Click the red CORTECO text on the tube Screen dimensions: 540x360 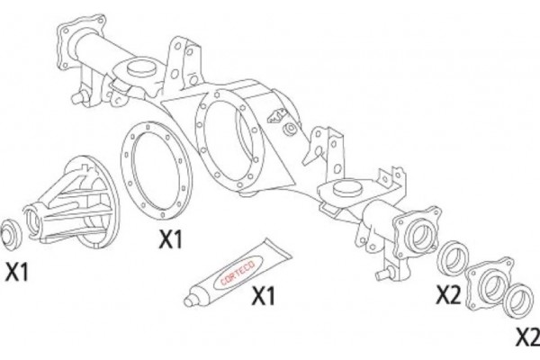coord(238,273)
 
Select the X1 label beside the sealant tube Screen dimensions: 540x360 coord(264,295)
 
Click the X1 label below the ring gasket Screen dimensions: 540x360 coord(170,238)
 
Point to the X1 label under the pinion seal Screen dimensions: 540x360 coord(16,272)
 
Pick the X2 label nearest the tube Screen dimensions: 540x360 coord(448,295)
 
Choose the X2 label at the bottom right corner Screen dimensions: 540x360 coord(527,338)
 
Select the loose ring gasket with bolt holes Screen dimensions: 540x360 coord(156,170)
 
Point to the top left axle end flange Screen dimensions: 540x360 coord(80,41)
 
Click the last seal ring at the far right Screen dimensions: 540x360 coord(518,301)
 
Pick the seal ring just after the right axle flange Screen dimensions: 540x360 coord(454,258)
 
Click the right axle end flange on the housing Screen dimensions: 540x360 coord(417,233)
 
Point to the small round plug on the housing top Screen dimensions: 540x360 coord(290,130)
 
